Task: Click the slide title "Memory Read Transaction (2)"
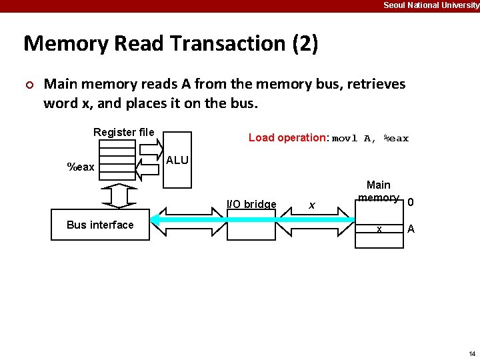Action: pos(171,44)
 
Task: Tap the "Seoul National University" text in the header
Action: pos(431,5)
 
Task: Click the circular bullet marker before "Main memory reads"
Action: pos(29,85)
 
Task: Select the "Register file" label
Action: pos(123,132)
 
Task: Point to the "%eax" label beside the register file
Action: pos(81,167)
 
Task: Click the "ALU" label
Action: pos(177,161)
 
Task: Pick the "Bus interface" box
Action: pos(100,225)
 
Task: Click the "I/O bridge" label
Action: pos(251,204)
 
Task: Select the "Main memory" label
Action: pos(379,191)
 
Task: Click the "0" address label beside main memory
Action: pos(411,203)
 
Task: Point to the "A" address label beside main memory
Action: pos(411,229)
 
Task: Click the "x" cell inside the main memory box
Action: pos(379,229)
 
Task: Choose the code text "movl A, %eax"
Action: pos(370,139)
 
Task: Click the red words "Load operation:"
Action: pos(288,138)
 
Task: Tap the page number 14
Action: pos(472,353)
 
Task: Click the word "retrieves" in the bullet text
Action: pos(372,84)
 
